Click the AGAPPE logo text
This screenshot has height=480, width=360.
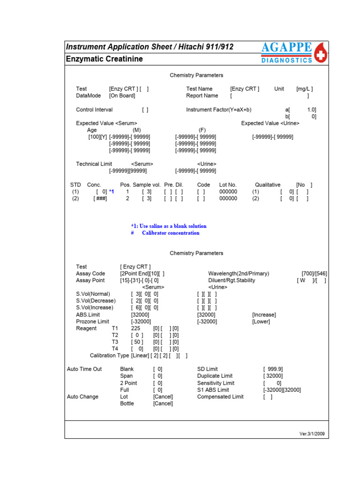pyautogui.click(x=286, y=48)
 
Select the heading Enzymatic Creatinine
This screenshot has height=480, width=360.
pyautogui.click(x=105, y=59)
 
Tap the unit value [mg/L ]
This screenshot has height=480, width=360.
pyautogui.click(x=304, y=89)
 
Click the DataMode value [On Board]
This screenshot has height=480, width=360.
pyautogui.click(x=122, y=96)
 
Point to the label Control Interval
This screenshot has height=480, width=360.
pyautogui.click(x=94, y=110)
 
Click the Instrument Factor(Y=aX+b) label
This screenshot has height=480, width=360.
pyautogui.click(x=218, y=110)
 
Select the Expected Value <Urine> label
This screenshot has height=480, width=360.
pyautogui.click(x=270, y=123)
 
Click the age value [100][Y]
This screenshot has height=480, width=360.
pyautogui.click(x=97, y=137)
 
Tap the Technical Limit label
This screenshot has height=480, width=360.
pyautogui.click(x=94, y=164)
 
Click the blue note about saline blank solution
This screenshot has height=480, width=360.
pyautogui.click(x=169, y=226)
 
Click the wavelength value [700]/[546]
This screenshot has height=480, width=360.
pyautogui.click(x=314, y=274)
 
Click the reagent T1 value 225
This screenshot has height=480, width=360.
pyautogui.click(x=135, y=329)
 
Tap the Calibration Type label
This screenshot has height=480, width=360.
pyautogui.click(x=110, y=356)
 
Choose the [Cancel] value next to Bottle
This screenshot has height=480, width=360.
pyautogui.click(x=163, y=404)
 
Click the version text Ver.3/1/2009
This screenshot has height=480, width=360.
pyautogui.click(x=312, y=434)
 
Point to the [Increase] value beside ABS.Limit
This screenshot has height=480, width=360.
pyautogui.click(x=264, y=315)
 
